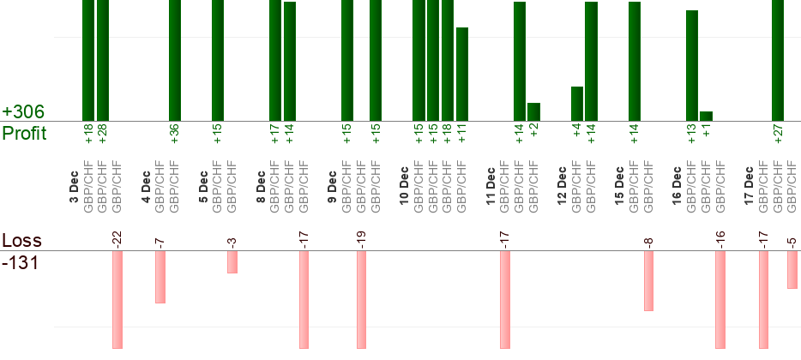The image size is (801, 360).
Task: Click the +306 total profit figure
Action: (23, 112)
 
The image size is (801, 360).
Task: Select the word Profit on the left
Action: (24, 134)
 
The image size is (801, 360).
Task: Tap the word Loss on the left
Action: (21, 240)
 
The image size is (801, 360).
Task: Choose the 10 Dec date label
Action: (404, 183)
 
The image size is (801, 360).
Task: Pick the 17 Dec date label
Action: (748, 183)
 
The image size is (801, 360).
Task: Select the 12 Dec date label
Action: (562, 183)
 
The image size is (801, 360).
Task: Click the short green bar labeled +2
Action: (533, 111)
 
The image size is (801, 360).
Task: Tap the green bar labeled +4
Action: (577, 104)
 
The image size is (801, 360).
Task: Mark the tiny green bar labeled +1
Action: (706, 116)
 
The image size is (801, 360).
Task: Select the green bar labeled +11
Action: (462, 74)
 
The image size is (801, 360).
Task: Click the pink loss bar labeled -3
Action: (232, 261)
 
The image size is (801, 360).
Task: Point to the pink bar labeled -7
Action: (160, 276)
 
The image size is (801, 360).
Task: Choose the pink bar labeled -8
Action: (648, 280)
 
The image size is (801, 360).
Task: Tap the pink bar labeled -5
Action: (792, 269)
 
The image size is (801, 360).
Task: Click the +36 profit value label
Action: (175, 134)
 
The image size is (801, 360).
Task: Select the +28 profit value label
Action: (103, 134)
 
